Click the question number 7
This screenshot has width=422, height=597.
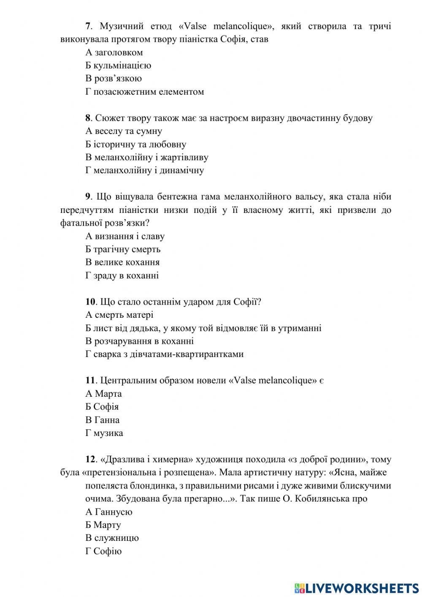click(x=88, y=26)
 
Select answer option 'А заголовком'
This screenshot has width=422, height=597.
click(x=114, y=52)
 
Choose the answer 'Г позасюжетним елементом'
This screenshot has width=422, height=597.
click(x=144, y=92)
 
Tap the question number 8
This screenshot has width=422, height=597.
click(x=88, y=118)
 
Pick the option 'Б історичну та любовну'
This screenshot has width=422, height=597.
click(x=135, y=144)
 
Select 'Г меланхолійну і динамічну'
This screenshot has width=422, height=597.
click(x=144, y=171)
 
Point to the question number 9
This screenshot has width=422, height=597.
click(x=88, y=197)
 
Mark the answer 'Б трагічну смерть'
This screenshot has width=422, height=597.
click(x=123, y=249)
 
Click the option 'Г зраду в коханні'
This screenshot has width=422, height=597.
click(x=122, y=275)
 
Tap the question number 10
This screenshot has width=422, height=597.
click(x=90, y=302)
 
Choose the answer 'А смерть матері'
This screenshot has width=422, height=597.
click(x=119, y=315)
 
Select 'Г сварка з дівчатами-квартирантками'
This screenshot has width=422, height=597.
click(x=164, y=354)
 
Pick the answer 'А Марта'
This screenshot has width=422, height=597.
click(x=103, y=394)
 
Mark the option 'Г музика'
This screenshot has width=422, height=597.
click(x=104, y=433)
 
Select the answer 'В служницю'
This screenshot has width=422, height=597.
click(x=112, y=538)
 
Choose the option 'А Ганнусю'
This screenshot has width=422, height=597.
click(x=109, y=512)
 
